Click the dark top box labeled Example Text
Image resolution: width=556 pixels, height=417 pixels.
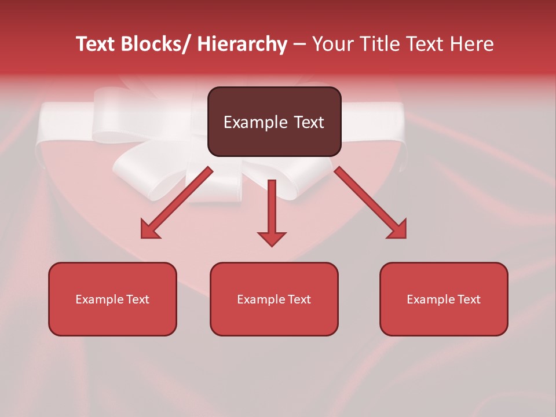274,122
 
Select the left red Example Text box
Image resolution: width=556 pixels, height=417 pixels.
112,299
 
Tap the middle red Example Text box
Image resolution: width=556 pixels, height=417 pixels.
274,299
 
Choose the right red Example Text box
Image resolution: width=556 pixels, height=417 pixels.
444,299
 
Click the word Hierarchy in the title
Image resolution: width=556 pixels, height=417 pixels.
242,44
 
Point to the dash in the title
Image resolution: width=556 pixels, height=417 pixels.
299,44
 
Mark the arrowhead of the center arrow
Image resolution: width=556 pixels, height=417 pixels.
272,238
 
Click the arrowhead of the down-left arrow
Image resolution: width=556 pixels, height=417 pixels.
150,230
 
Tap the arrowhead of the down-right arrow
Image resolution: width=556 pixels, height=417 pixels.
397,229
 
